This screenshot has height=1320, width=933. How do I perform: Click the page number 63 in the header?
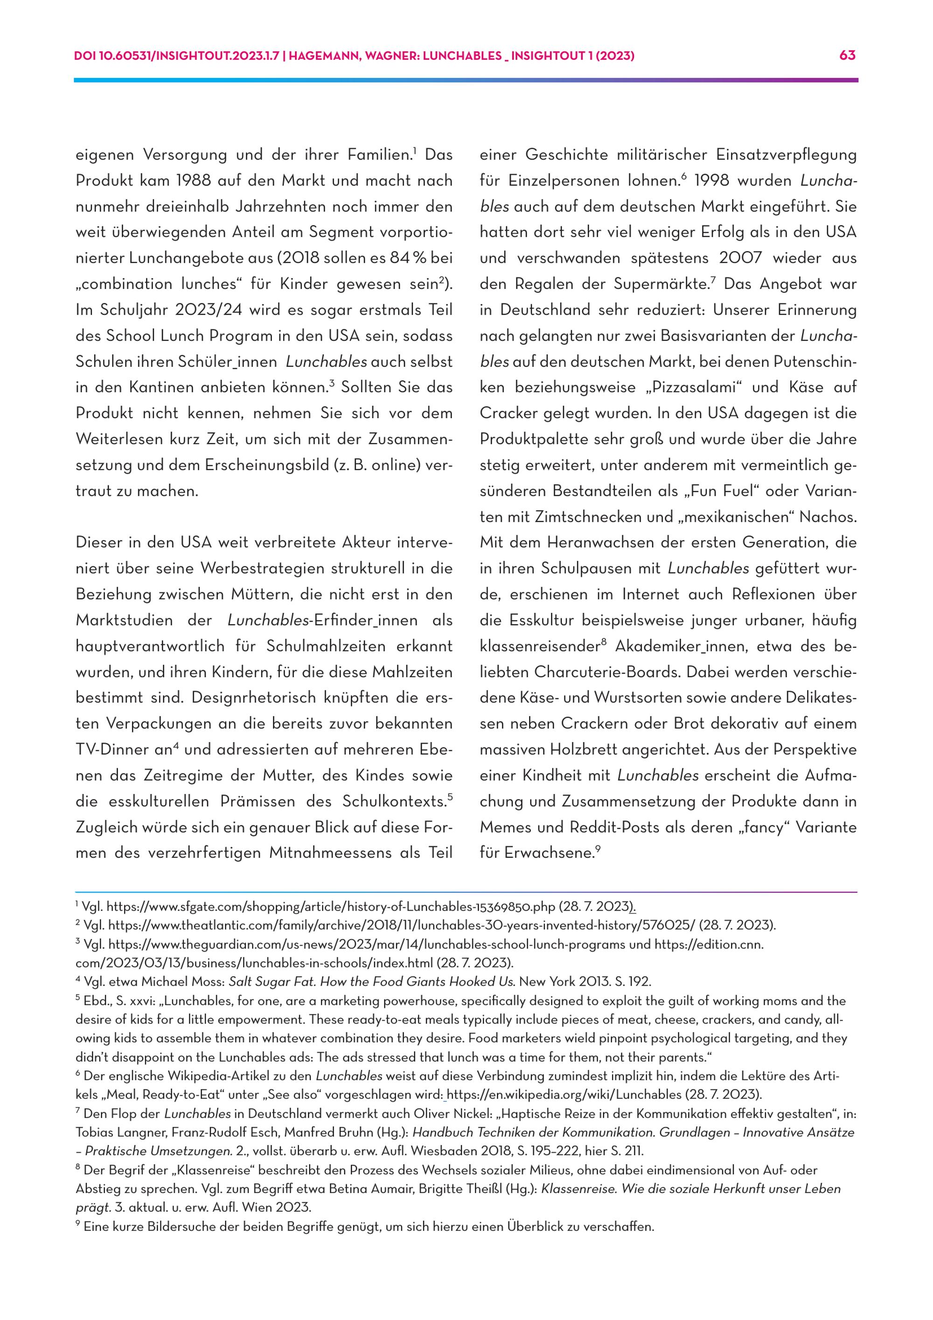(x=848, y=56)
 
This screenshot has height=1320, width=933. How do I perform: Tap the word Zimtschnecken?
(x=586, y=517)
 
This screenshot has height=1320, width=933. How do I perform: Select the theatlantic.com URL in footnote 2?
(x=402, y=926)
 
